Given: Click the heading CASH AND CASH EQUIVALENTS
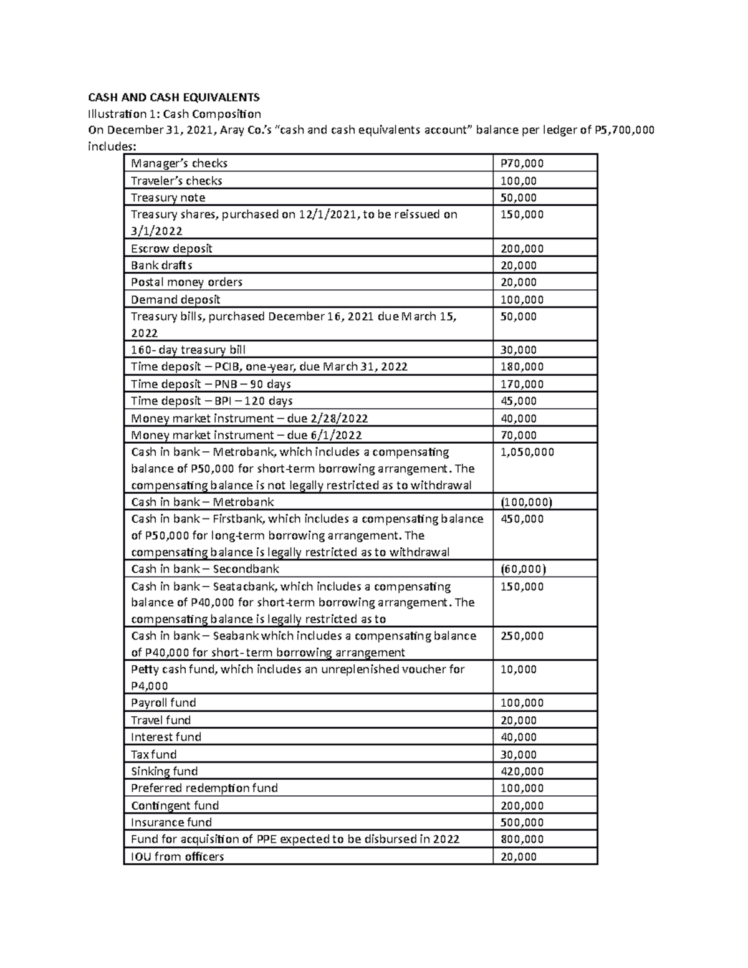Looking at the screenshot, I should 173,97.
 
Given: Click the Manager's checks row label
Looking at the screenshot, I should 179,163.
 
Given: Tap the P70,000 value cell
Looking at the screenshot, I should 522,163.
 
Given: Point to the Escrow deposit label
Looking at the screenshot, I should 171,249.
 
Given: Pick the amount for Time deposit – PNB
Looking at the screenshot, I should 522,384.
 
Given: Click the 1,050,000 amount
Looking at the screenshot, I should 527,452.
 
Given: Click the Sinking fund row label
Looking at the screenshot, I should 164,771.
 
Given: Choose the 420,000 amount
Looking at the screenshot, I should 522,771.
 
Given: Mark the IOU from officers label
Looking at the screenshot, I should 177,856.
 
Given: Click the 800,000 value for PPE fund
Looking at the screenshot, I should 522,839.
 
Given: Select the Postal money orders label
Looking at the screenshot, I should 186,282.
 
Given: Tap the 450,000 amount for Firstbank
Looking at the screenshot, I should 522,519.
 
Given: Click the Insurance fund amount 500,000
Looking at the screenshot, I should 522,822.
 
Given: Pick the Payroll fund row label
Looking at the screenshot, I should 163,702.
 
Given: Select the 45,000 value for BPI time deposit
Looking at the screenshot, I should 519,401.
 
